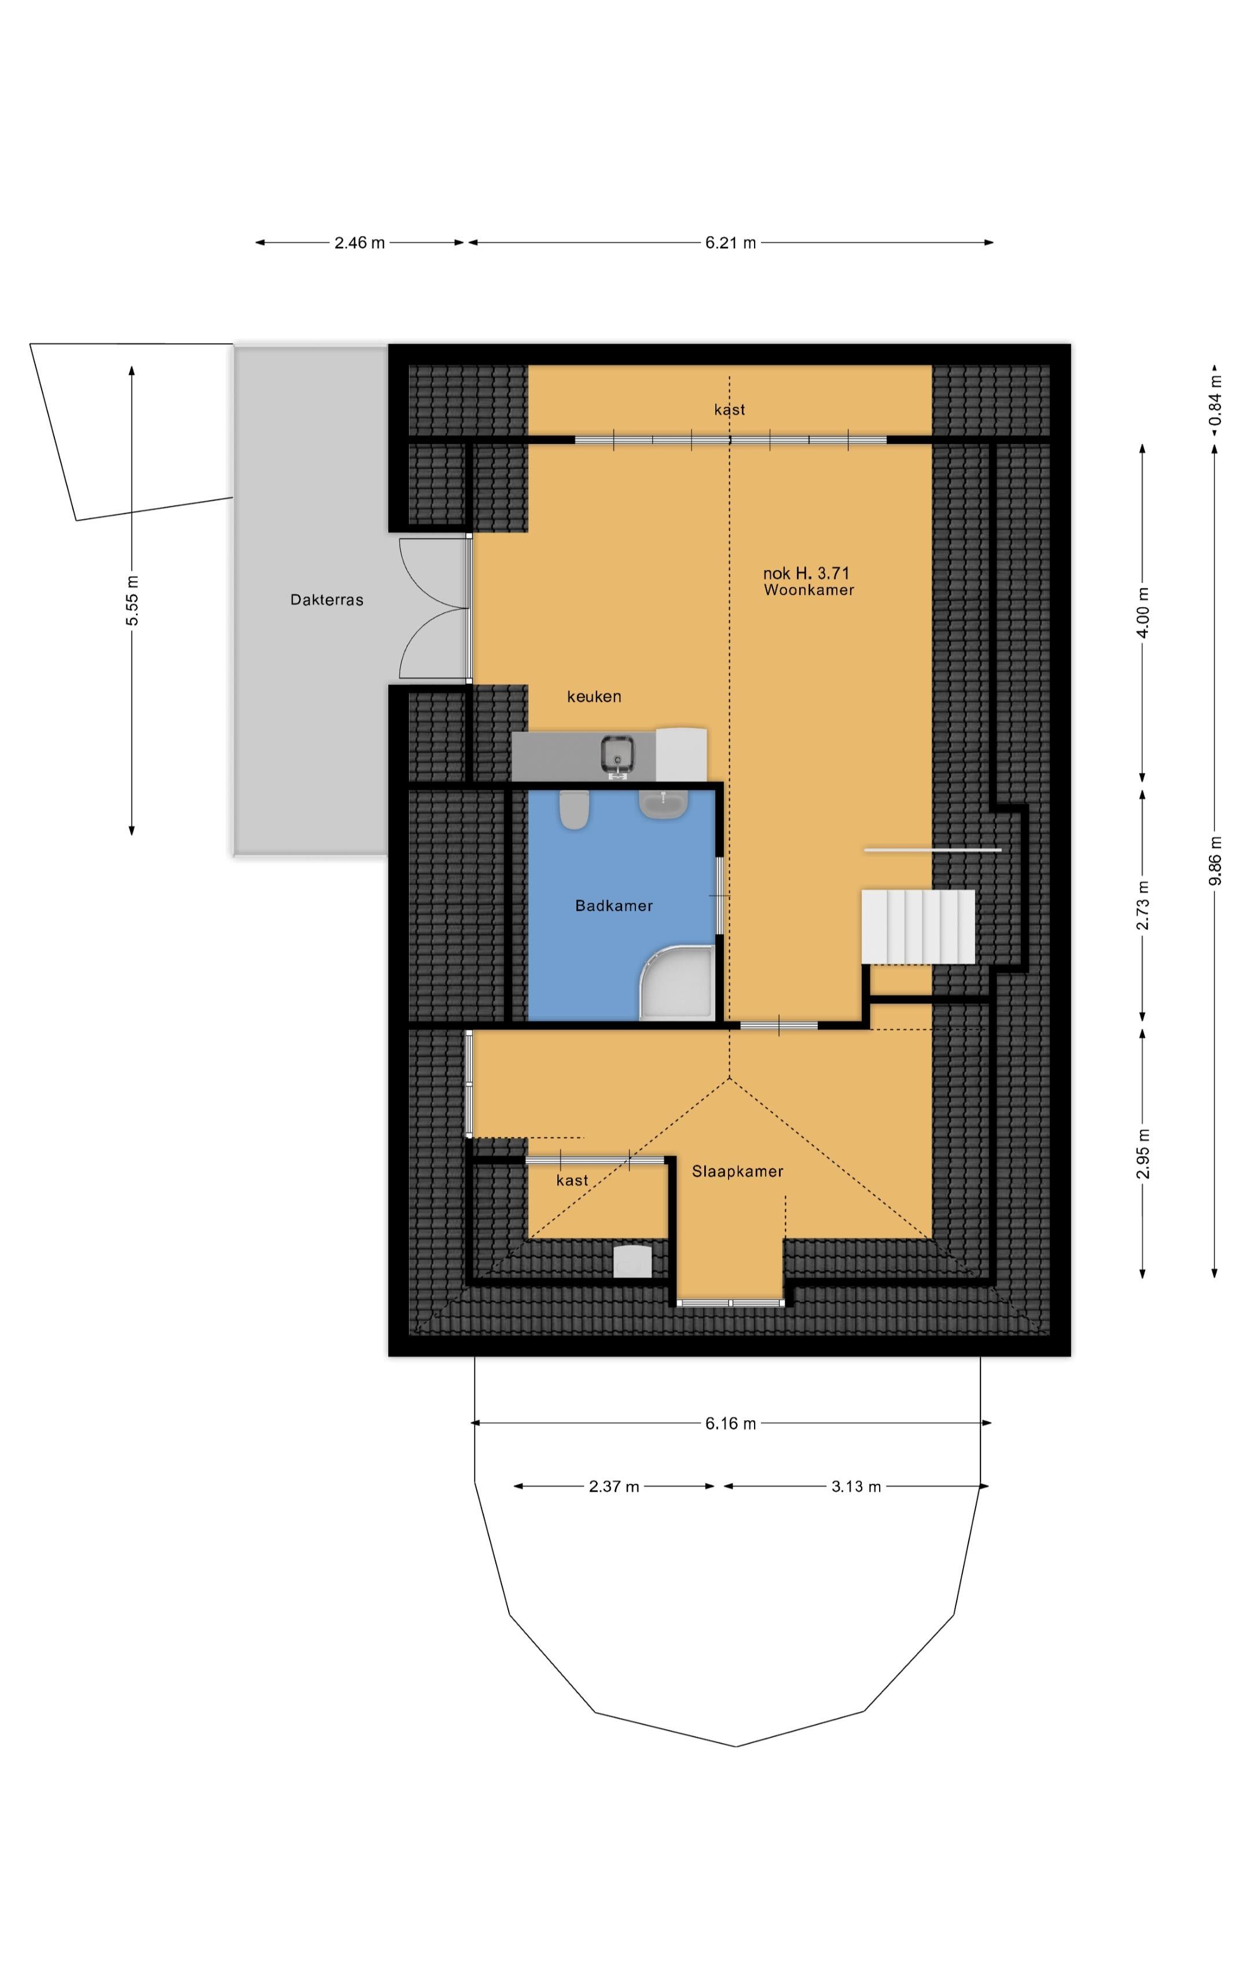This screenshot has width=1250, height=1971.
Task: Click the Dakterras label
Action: point(326,600)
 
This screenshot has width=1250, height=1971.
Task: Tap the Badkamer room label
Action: point(614,905)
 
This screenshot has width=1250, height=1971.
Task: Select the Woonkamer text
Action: point(809,590)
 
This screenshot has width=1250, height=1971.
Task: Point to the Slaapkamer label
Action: point(737,1171)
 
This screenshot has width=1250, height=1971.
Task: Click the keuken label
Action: point(594,697)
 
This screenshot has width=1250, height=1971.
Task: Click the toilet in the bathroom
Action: point(575,808)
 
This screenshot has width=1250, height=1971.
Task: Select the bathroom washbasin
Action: point(663,804)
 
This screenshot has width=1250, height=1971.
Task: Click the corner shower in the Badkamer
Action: point(677,983)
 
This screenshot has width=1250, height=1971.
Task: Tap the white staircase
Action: point(918,926)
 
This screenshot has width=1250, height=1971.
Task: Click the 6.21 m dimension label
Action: point(730,242)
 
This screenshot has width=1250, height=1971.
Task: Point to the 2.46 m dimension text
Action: point(359,242)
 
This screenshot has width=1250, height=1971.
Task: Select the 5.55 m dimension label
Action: point(132,600)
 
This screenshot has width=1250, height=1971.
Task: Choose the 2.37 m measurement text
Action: point(614,1487)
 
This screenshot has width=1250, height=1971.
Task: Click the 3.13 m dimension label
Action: point(856,1487)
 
